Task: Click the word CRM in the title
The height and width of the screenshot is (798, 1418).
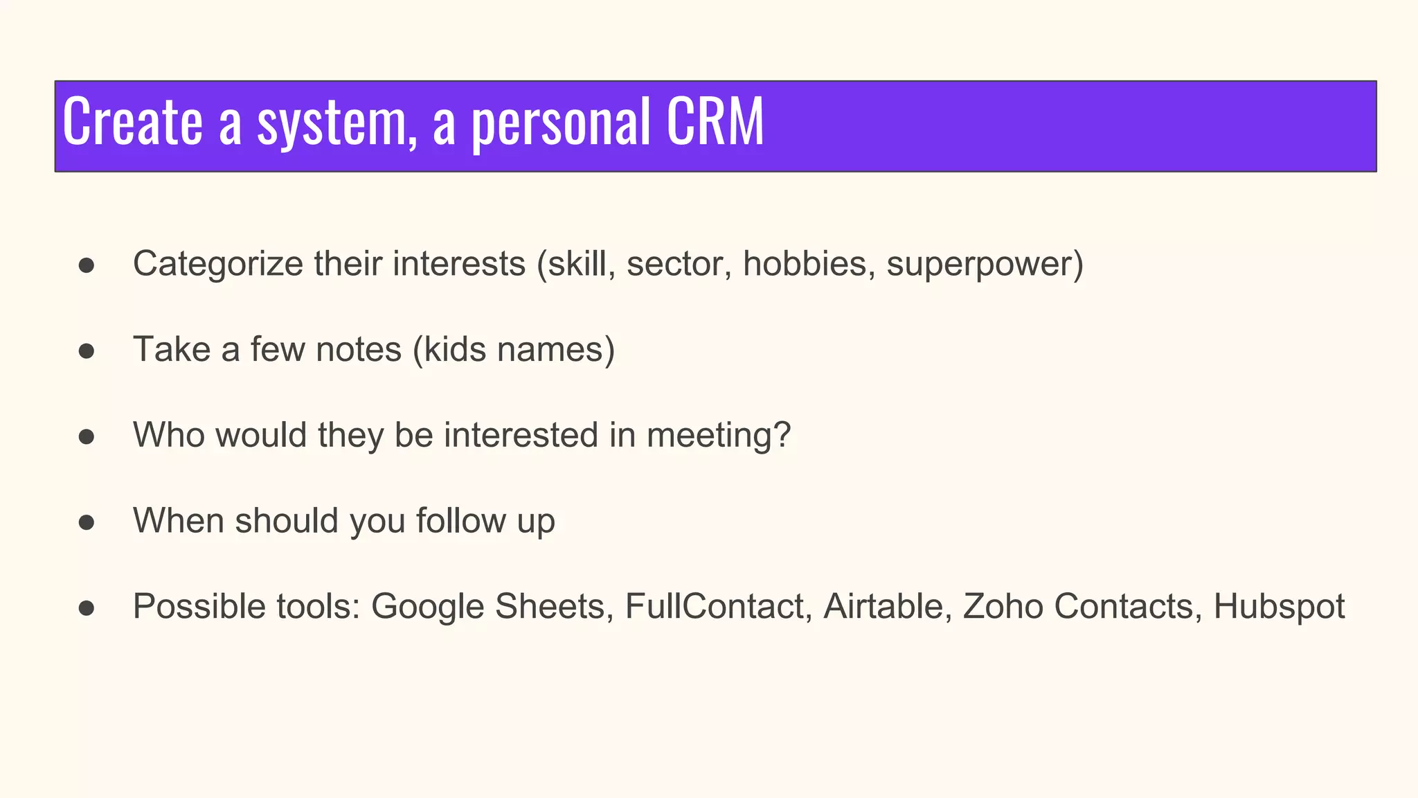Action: (715, 123)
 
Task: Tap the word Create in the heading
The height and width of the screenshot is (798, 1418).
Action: (132, 123)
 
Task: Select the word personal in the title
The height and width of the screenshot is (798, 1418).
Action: (561, 124)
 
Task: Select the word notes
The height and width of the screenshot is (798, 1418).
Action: (358, 350)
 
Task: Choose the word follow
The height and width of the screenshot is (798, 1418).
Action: (460, 521)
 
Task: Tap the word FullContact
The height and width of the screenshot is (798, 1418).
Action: (715, 607)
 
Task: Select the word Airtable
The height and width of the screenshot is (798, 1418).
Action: (883, 607)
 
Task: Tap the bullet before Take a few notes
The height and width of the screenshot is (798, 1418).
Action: (87, 351)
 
